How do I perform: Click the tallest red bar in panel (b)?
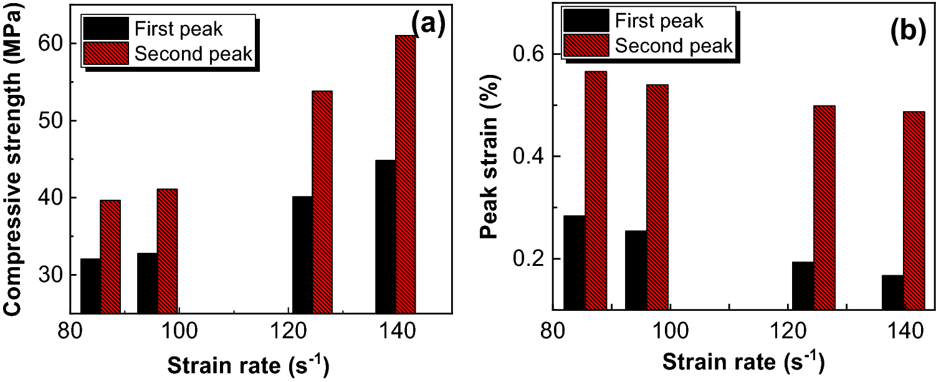click(x=596, y=190)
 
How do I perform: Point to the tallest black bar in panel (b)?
click(x=574, y=262)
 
